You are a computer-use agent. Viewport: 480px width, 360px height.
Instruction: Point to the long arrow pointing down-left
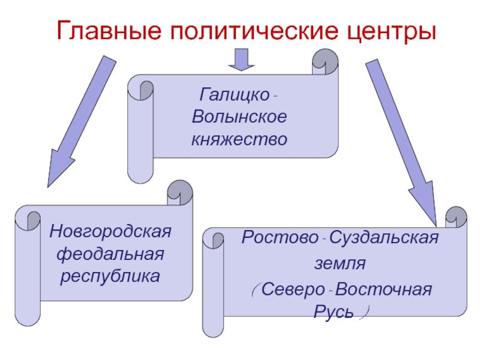coord(81,120)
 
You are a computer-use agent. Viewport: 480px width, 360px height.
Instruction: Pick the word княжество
coord(239,139)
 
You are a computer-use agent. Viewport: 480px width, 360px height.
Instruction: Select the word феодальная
coord(110,253)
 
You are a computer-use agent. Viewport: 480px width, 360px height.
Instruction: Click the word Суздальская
coord(384,238)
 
